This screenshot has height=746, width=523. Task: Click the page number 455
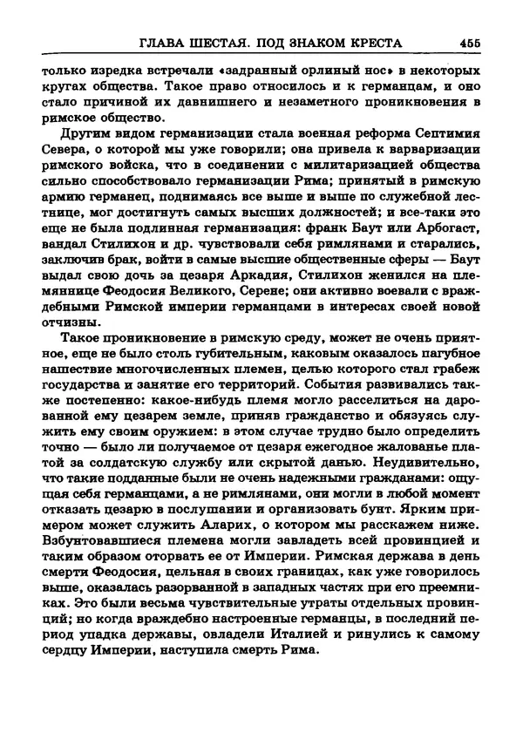pos(469,42)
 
